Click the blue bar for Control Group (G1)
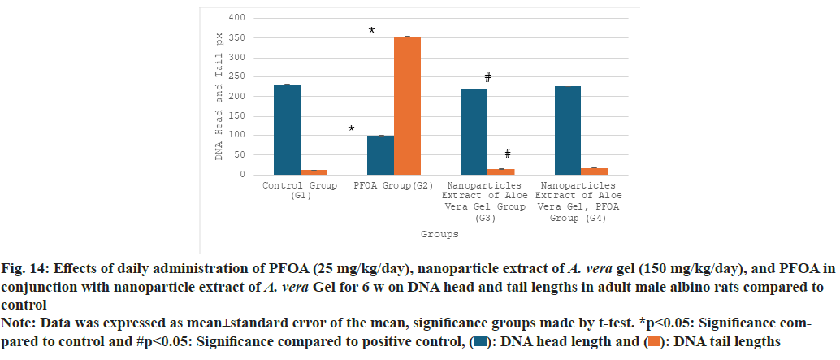(287, 129)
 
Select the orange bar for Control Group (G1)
(314, 171)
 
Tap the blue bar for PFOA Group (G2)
(380, 154)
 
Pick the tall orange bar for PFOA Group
(407, 105)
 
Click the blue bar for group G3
(474, 132)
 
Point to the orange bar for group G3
(500, 171)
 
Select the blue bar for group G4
(567, 130)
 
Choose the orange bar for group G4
(595, 171)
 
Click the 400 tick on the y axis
(236, 18)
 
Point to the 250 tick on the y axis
(236, 77)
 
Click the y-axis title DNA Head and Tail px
(219, 96)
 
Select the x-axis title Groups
(439, 234)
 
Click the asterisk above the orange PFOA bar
(371, 32)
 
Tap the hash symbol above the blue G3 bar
(488, 77)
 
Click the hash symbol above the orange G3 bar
(507, 154)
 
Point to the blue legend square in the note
(480, 343)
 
